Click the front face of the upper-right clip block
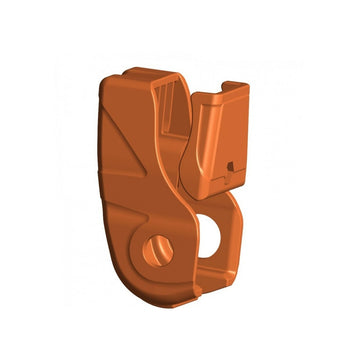(x=215, y=140)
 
